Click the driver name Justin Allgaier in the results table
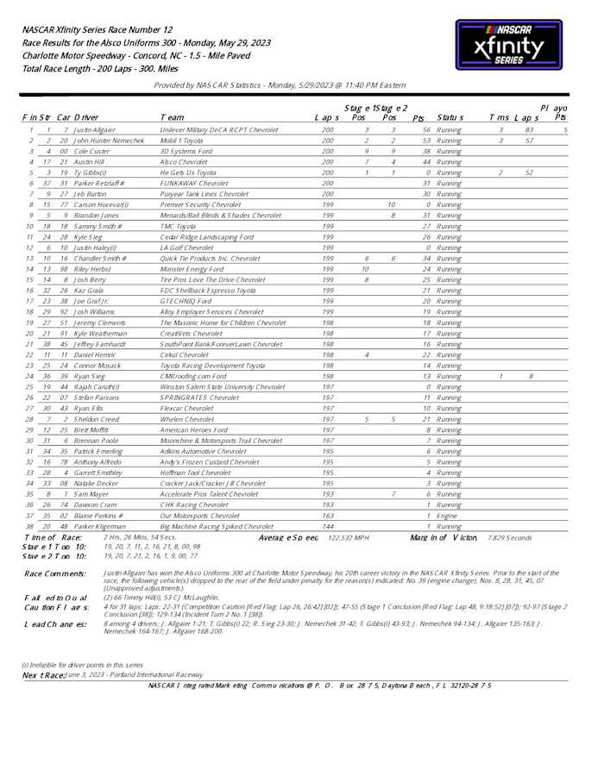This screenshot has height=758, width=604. [94, 129]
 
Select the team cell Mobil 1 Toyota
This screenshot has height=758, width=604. [181, 140]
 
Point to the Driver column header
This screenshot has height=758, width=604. [85, 117]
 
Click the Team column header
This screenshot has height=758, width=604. [172, 117]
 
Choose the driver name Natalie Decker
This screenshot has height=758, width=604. [96, 483]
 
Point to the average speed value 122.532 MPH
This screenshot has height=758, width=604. [348, 536]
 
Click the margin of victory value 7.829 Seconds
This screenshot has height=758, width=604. [509, 536]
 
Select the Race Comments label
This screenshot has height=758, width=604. [53, 573]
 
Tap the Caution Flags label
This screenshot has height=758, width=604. [54, 606]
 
